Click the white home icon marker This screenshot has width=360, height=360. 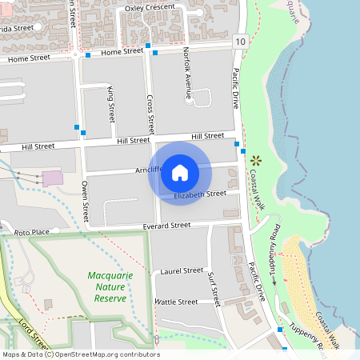tap(180, 172)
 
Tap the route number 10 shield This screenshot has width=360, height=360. tap(241, 40)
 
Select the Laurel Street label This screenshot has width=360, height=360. tap(182, 271)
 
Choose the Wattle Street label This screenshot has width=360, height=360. tap(175, 302)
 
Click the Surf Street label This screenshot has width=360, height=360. tap(213, 287)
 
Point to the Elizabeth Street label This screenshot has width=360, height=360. tap(200, 194)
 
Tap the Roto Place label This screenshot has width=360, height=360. tap(31, 231)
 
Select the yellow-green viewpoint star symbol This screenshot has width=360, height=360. tap(255, 159)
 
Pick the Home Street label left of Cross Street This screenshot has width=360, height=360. tap(122, 51)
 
